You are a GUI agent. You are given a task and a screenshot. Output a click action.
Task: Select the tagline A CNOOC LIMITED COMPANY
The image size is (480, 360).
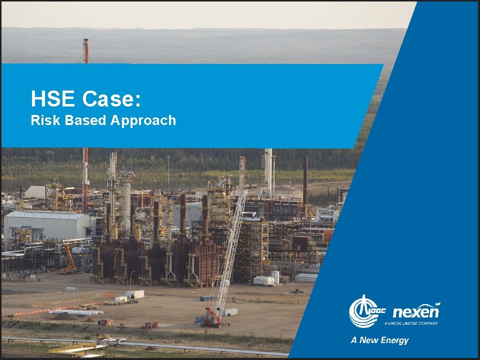coord(411,323)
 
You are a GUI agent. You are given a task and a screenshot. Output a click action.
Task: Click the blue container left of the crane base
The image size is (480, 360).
coord(205,298)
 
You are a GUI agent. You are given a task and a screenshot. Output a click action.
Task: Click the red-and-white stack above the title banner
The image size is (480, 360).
coord(86,51)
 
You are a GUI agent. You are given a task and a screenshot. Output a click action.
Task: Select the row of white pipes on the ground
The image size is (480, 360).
coord(75,312)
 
